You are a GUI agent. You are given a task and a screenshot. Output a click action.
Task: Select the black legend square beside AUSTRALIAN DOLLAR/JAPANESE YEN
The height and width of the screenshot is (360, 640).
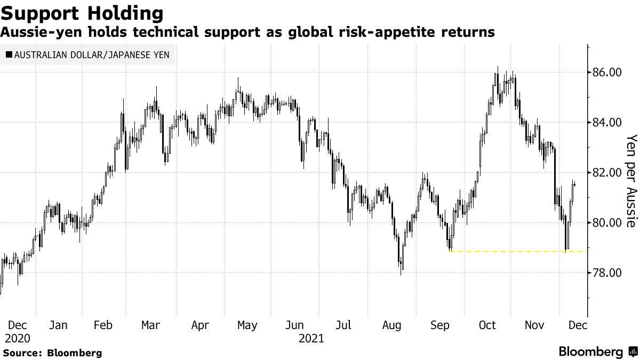(9, 54)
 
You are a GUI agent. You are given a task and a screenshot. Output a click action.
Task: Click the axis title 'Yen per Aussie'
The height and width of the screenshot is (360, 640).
(631, 181)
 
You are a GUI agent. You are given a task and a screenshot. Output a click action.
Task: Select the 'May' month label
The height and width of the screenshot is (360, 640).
(247, 325)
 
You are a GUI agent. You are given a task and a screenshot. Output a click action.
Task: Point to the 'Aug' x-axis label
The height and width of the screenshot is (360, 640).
(391, 325)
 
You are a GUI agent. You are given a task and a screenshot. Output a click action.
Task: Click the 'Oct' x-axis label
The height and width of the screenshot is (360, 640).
(487, 325)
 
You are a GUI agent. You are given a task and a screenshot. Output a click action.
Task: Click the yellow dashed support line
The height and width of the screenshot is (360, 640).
(507, 251)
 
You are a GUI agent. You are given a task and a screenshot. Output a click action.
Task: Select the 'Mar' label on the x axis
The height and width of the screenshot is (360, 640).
(151, 325)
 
